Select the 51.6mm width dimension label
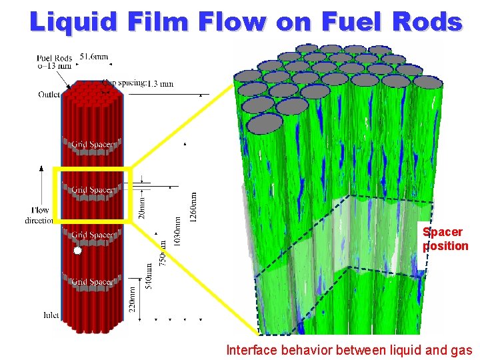point(94,57)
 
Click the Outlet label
point(49,94)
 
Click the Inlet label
point(51,315)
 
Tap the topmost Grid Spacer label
point(92,144)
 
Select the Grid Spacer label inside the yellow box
point(92,190)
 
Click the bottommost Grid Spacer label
point(92,282)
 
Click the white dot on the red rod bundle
point(77,251)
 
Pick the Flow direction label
point(40,215)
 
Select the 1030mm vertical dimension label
point(177,231)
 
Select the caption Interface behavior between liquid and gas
point(349,349)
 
